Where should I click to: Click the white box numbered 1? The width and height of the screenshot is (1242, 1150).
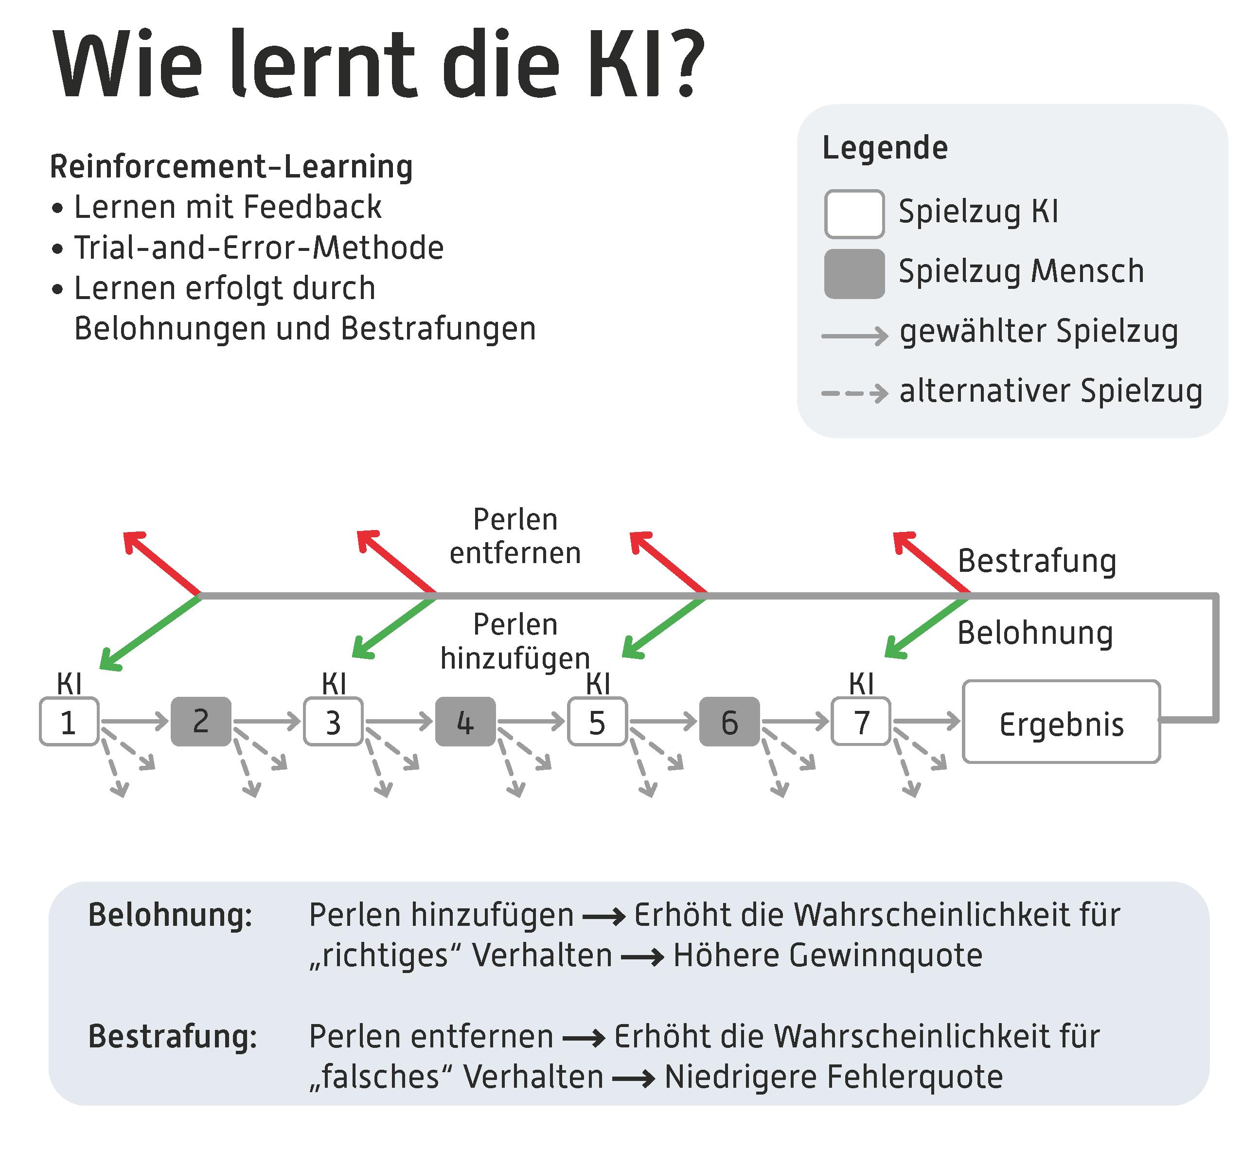coord(69,722)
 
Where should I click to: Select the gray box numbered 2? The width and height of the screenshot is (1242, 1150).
coord(201,722)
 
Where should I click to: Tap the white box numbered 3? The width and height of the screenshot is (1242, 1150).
coord(333,722)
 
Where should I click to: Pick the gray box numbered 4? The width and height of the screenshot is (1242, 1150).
coord(465,722)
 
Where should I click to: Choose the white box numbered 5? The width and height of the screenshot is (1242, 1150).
coord(597,722)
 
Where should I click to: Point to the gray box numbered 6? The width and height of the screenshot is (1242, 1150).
coord(729,722)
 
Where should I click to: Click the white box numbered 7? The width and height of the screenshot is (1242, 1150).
coord(861,722)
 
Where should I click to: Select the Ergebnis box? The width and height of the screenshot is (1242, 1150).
coord(1061,722)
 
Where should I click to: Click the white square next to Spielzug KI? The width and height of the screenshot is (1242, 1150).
coord(854,214)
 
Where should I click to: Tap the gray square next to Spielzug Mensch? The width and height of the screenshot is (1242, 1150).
coord(854,274)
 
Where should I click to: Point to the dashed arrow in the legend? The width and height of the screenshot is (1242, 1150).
coord(854,393)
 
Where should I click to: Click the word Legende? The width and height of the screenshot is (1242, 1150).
coord(885,148)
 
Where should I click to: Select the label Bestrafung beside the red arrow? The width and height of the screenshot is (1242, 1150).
coord(1037,561)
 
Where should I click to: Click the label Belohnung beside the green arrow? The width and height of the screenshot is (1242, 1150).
coord(1035,633)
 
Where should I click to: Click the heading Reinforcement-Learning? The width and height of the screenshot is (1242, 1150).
coord(231,167)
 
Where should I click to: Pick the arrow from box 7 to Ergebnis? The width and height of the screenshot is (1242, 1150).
coord(926,721)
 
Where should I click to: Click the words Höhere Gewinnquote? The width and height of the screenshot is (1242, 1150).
coord(828,955)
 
